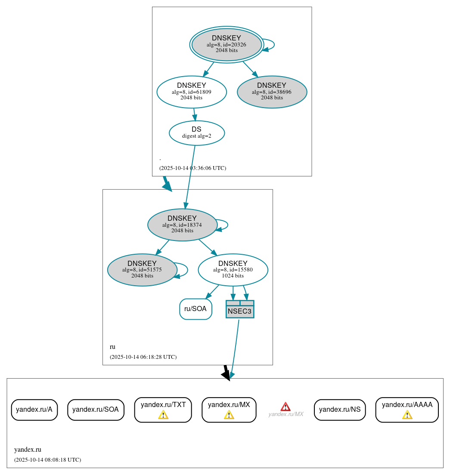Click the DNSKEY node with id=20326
227,44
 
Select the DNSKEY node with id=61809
192,92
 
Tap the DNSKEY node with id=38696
272,92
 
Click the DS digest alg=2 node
196,133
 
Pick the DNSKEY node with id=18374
182,225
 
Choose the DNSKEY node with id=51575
142,270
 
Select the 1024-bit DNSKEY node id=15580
233,270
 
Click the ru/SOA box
196,309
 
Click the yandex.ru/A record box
34,410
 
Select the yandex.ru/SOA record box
96,410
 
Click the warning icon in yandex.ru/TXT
163,415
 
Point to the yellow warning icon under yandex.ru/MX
229,415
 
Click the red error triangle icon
286,407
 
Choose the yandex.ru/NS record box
340,410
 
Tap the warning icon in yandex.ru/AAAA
407,415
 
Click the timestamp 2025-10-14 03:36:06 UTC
192,168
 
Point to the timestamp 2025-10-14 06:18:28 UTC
143,357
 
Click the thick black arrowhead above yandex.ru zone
226,374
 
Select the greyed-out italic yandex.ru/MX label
286,414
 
